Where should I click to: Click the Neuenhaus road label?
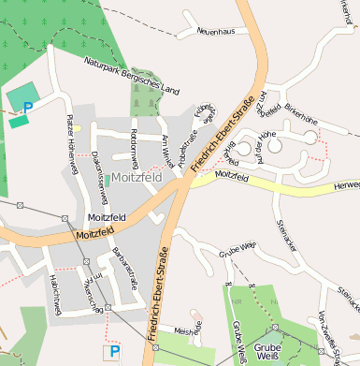(214, 32)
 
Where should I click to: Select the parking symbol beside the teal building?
(28, 108)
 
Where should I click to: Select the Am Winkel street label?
(166, 147)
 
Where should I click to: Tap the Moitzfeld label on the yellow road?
(234, 174)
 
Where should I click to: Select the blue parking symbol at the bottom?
(114, 352)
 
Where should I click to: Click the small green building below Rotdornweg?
(108, 178)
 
